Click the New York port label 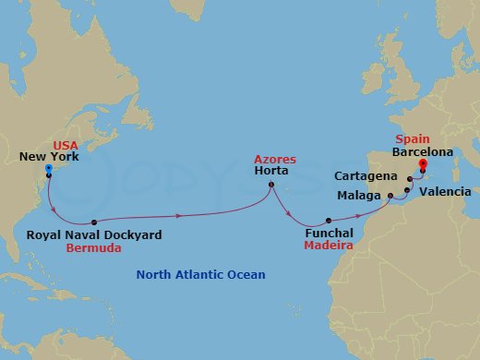tap(49, 158)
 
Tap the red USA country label tap(66, 146)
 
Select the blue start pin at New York tap(48, 168)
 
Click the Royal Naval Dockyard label tap(94, 235)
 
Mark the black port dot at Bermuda tap(95, 222)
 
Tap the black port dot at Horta tap(270, 186)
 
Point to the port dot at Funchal tap(330, 221)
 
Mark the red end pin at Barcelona tap(424, 166)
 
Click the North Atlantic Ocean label tap(200, 275)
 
